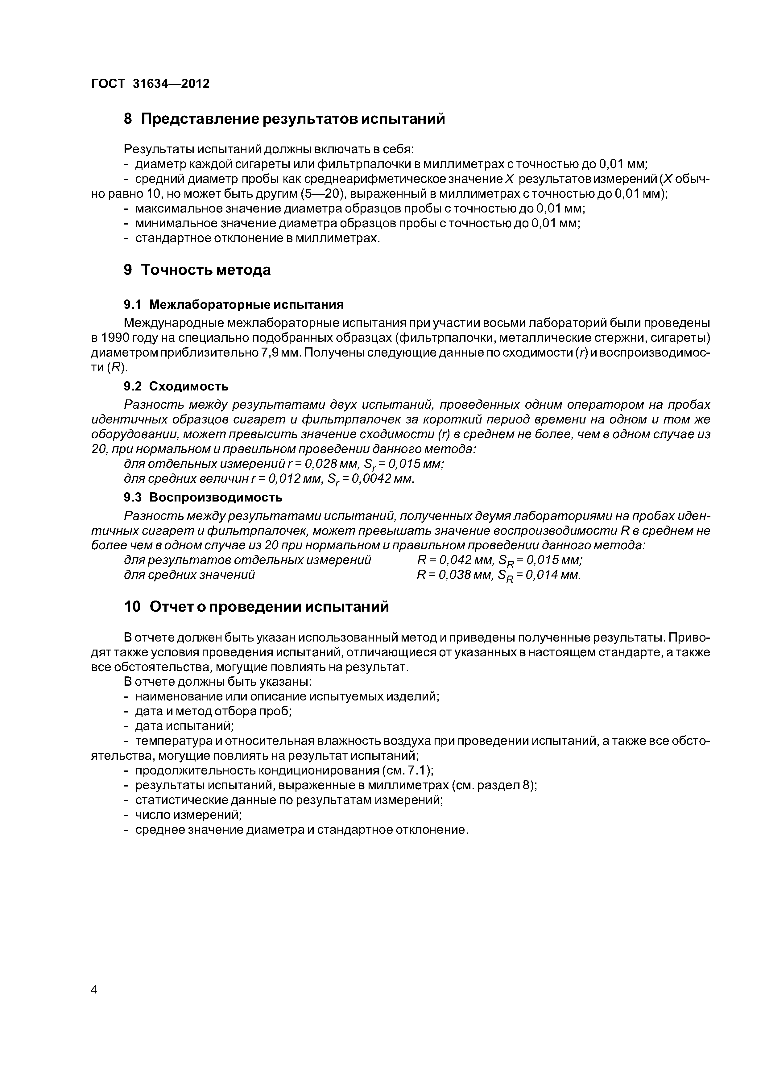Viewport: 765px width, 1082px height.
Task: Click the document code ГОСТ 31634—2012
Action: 150,84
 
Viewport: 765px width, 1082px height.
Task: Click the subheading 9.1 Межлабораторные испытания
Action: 234,304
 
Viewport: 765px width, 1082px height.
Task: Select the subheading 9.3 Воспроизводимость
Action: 203,497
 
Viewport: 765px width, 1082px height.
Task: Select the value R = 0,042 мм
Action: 455,560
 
